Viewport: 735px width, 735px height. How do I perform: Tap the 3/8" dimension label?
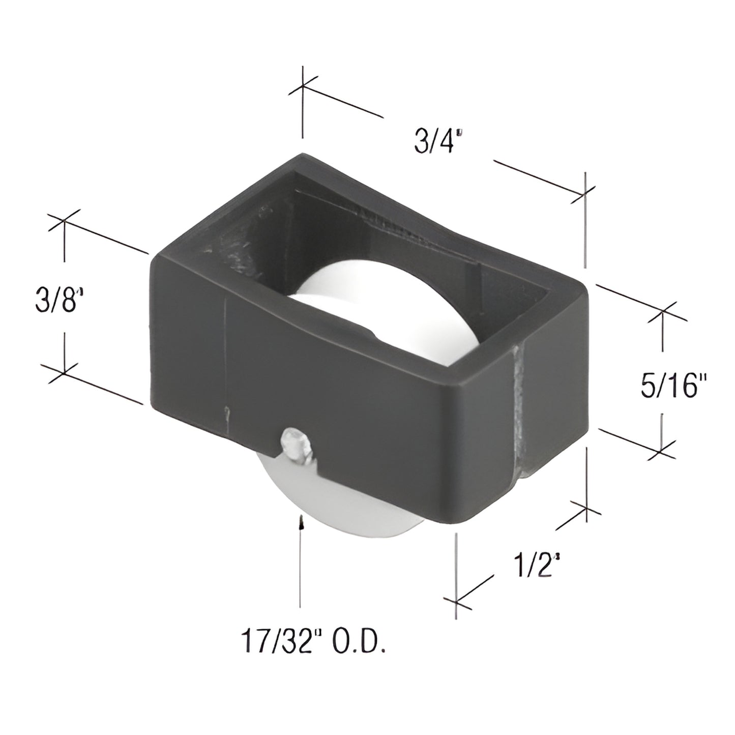(x=59, y=301)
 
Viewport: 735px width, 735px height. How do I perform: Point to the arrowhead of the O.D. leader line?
(x=301, y=521)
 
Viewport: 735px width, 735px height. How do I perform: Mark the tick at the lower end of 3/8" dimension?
(x=64, y=373)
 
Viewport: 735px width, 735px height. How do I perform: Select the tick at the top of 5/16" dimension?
(x=662, y=311)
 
